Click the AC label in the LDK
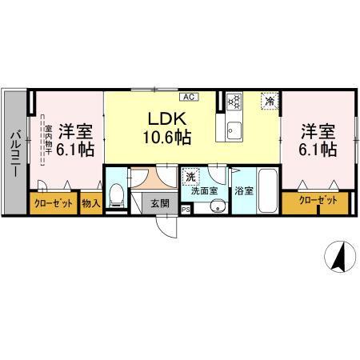point(190,98)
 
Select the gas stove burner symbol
point(234,102)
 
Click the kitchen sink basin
point(234,130)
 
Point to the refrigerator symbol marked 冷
point(270,102)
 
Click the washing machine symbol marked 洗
point(190,176)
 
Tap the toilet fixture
point(117,194)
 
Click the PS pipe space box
point(186,210)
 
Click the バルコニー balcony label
point(14,149)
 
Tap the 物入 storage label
point(90,204)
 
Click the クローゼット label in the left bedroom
point(54,204)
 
